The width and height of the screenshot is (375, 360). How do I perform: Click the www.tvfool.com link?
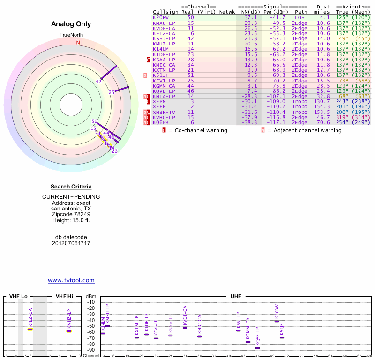pyautogui.click(x=71, y=280)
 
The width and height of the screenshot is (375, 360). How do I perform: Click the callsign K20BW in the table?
pyautogui.click(x=160, y=17)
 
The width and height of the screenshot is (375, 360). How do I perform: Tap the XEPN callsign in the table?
pyautogui.click(x=159, y=101)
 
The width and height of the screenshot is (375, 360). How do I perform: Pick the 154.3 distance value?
pyautogui.click(x=322, y=106)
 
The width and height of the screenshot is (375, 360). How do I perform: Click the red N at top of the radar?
pyautogui.click(x=78, y=43)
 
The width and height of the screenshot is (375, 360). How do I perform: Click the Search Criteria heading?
pyautogui.click(x=71, y=187)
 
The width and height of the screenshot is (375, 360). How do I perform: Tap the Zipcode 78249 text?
pyautogui.click(x=71, y=214)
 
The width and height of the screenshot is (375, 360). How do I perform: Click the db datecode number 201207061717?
pyautogui.click(x=71, y=243)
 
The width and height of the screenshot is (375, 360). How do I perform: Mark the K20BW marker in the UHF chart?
pyautogui.click(x=277, y=321)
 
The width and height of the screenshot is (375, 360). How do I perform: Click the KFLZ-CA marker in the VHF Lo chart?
pyautogui.click(x=30, y=329)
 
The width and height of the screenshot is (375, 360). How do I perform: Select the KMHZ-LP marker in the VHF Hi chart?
pyautogui.click(x=69, y=331)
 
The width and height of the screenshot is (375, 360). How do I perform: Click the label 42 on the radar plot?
pyautogui.click(x=98, y=82)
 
